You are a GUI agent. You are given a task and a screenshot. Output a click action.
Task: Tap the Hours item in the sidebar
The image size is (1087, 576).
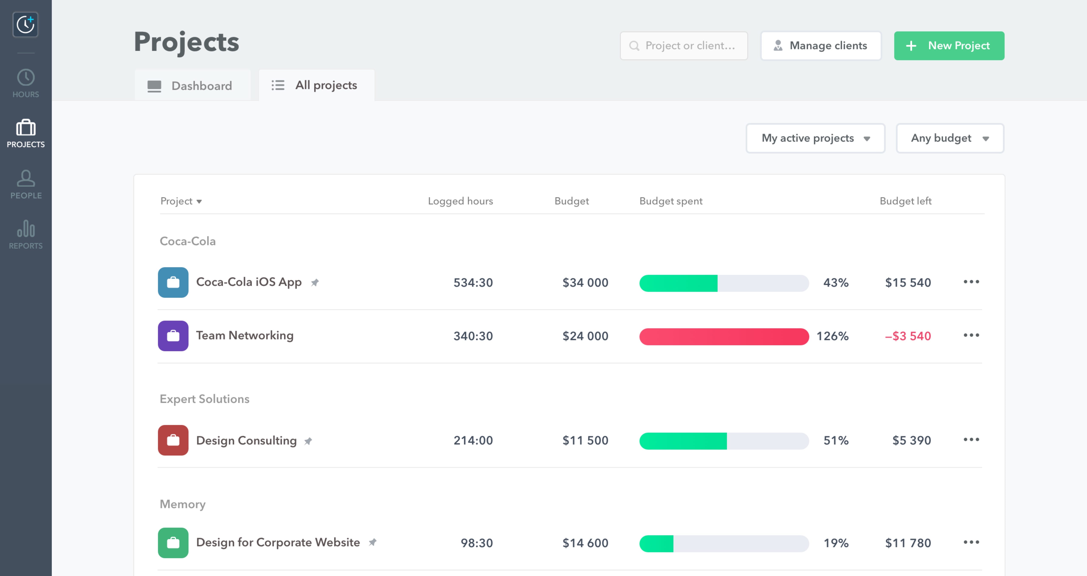26,83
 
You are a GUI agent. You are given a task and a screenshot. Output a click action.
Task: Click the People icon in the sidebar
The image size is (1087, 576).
26,184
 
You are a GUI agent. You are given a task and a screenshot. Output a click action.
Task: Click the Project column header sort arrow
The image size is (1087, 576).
199,201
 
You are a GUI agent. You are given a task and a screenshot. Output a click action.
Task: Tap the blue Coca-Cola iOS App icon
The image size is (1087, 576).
173,282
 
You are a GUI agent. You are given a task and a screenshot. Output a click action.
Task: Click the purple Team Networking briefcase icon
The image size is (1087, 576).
173,336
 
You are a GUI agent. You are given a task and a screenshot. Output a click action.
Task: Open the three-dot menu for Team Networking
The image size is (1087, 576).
971,335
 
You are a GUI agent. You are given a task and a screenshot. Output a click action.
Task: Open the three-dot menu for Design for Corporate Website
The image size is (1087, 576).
971,542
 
